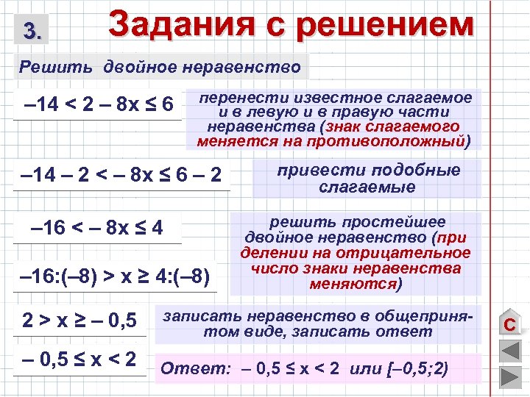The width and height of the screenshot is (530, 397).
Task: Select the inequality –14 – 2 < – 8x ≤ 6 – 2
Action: tap(121, 176)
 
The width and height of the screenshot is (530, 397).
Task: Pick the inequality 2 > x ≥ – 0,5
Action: tap(79, 321)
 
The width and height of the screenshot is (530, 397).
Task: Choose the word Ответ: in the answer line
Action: tap(187, 368)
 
